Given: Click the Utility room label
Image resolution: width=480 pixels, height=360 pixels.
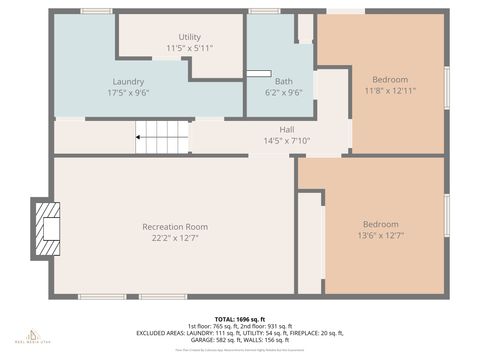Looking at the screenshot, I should [189, 37].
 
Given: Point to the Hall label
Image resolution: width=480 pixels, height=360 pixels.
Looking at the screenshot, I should [286, 129].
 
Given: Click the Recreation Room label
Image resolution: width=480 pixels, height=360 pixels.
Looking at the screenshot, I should [175, 227].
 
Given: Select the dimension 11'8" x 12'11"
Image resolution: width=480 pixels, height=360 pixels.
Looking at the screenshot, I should [390, 90].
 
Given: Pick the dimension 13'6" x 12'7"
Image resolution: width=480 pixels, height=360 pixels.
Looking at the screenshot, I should [380, 235].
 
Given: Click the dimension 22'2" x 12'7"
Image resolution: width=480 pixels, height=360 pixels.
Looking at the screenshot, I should [175, 238].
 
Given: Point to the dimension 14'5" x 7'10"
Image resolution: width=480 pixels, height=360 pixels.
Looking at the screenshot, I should [286, 140].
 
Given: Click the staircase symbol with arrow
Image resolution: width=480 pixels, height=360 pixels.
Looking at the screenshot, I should [161, 137].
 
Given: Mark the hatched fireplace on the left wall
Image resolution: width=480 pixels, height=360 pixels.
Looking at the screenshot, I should [47, 225].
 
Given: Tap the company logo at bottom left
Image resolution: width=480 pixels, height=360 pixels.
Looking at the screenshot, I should [33, 335].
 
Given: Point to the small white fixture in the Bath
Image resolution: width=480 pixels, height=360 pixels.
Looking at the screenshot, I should [258, 72].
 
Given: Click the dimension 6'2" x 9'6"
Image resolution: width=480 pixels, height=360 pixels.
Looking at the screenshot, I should [284, 93].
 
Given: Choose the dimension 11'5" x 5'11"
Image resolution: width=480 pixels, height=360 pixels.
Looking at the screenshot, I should [189, 48].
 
